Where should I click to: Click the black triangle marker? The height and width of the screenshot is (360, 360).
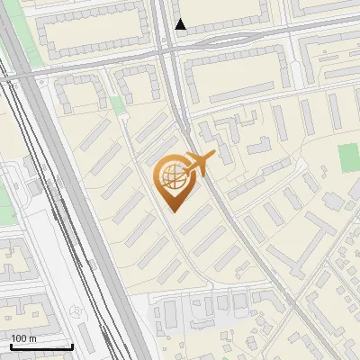[181, 24]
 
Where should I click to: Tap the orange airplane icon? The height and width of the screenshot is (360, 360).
[198, 165]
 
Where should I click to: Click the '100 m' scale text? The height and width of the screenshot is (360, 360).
[24, 338]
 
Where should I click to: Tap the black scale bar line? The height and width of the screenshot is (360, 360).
[41, 346]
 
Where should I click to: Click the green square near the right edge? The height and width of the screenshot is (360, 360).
[348, 159]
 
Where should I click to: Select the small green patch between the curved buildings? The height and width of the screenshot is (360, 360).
[117, 105]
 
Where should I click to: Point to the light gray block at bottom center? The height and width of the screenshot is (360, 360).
[180, 315]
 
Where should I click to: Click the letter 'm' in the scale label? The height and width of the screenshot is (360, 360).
[33, 338]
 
